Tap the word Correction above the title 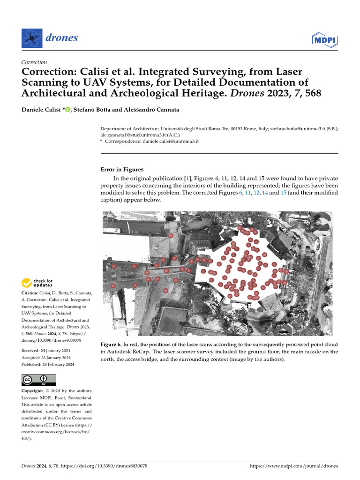[34, 62]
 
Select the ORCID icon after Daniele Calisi [67, 110]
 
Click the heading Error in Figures [122, 170]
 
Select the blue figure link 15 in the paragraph [283, 193]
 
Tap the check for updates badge [37, 283]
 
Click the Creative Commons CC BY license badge [38, 380]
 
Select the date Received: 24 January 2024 [46, 350]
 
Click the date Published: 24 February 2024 [47, 364]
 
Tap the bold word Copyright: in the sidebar [34, 391]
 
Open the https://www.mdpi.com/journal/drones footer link [294, 466]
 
